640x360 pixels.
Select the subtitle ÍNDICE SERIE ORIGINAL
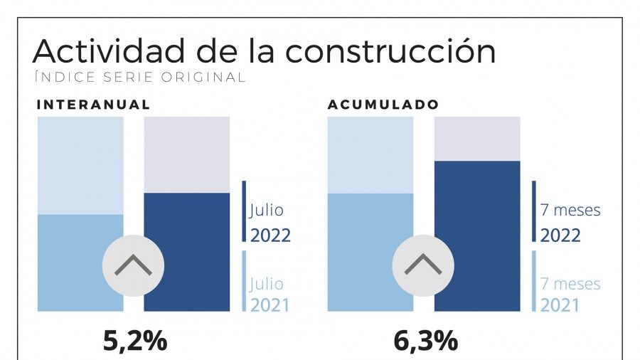(139, 77)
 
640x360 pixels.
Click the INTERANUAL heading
(93, 105)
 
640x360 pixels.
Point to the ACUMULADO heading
(383, 105)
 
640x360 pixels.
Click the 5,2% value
(135, 342)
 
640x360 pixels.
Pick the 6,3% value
(425, 342)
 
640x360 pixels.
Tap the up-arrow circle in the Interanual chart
(133, 266)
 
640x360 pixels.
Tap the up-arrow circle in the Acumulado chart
(423, 266)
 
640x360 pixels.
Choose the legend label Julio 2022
(270, 223)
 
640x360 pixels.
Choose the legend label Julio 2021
(270, 294)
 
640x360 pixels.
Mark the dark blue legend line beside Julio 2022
(244, 211)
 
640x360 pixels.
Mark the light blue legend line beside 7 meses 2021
(534, 281)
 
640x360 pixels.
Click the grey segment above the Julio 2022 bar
(186, 154)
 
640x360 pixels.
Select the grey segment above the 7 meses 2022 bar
(476, 139)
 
